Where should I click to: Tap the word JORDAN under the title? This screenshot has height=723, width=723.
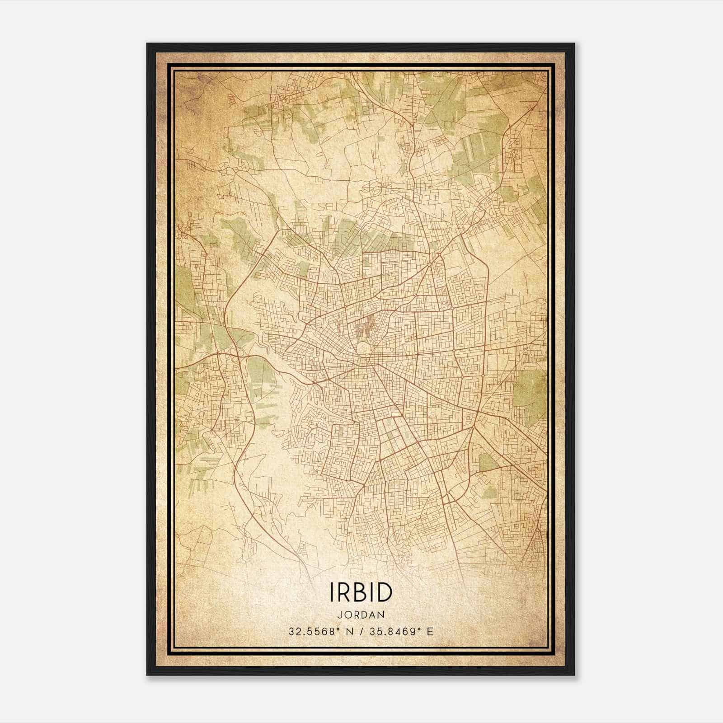pos(361,615)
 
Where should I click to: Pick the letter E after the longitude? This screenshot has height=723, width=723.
pos(430,632)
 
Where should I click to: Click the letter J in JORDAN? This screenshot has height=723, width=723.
pos(339,615)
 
